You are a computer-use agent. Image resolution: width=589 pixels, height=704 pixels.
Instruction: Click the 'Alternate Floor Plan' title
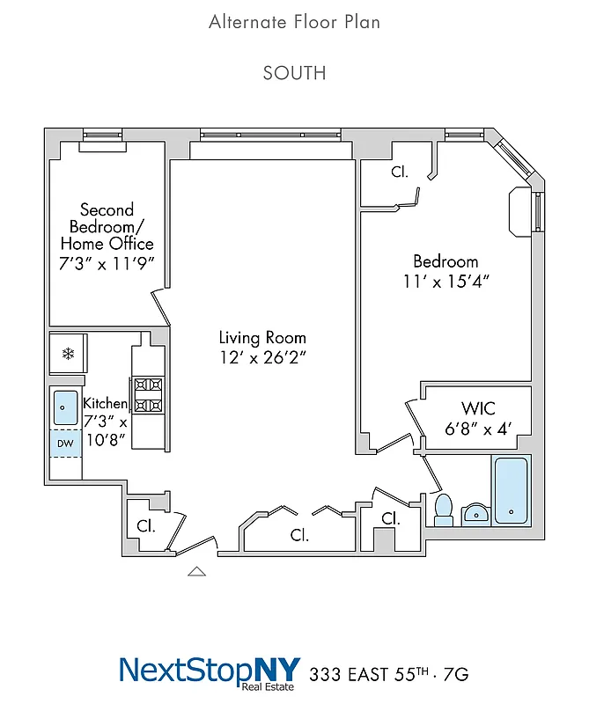point(294,22)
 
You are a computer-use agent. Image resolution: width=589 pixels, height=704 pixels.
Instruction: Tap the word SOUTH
point(294,73)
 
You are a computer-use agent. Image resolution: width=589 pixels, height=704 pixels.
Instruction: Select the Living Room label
point(262,337)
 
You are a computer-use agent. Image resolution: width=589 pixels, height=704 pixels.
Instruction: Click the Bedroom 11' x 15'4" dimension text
point(445,282)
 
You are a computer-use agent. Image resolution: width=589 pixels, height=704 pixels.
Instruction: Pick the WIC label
point(478,408)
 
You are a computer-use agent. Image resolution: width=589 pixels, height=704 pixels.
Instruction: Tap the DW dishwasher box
point(65,444)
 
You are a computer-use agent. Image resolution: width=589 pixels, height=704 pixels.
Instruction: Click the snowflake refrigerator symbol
point(67,354)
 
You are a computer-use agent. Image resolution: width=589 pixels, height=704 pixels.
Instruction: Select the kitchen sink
point(66,407)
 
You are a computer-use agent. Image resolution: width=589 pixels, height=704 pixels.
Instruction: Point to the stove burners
point(148,394)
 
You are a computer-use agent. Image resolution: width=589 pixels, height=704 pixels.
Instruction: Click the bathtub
point(511,491)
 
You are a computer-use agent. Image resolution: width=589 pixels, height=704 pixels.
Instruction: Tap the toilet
point(444,509)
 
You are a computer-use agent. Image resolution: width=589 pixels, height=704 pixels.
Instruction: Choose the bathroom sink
point(475,514)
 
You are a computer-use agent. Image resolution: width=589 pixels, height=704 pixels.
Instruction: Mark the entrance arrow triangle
point(197,571)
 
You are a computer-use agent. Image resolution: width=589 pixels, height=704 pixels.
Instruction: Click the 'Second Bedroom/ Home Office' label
point(106,227)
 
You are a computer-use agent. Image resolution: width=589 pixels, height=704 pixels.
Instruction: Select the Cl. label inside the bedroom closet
point(400,172)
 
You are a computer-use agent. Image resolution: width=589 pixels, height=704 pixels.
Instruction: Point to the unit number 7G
point(454,675)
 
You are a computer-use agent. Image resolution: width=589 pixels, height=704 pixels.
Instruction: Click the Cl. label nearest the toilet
point(390,519)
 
